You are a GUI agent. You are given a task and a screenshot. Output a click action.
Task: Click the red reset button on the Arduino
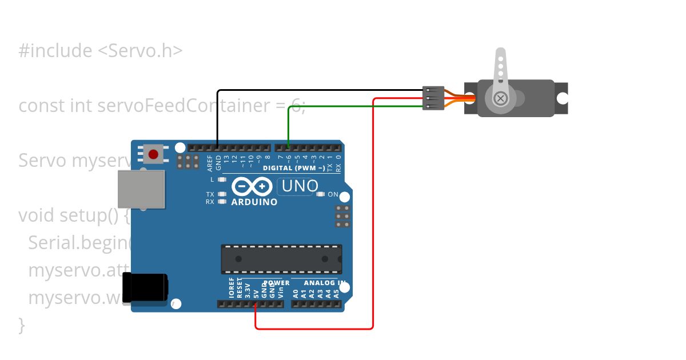(x=153, y=154)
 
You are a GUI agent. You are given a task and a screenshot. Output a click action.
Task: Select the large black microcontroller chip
(x=281, y=259)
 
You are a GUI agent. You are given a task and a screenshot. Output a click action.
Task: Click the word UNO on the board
(x=300, y=186)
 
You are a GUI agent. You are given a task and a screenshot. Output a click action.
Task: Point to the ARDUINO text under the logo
(x=254, y=202)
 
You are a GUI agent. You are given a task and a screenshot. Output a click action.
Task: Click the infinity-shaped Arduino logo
(x=252, y=186)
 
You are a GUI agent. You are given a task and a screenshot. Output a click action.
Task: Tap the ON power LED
(x=320, y=194)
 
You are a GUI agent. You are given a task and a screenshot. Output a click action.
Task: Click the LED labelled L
(x=222, y=179)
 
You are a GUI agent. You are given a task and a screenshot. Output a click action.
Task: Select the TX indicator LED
(x=222, y=194)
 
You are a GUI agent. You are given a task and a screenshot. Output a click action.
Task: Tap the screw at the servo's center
(x=501, y=99)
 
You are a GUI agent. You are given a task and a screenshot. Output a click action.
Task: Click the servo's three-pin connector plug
(x=433, y=98)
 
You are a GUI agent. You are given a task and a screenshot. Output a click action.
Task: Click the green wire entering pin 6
(x=289, y=126)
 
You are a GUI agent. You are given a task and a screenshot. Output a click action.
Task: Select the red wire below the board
(x=314, y=329)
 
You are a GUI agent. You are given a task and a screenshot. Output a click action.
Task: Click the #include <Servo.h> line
(x=101, y=51)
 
